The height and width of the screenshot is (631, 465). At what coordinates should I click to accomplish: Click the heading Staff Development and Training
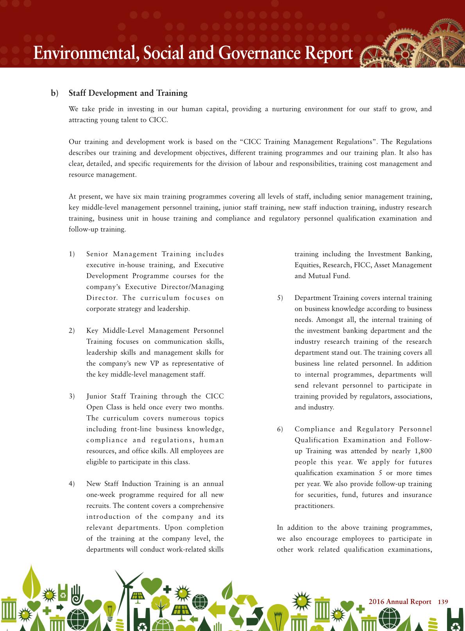(x=128, y=93)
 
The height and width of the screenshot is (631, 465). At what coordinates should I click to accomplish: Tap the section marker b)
(x=54, y=93)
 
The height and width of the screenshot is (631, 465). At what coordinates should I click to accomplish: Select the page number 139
(x=443, y=602)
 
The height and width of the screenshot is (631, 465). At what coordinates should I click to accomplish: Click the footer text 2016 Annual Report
(x=400, y=602)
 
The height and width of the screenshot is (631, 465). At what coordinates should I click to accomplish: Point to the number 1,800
(x=423, y=451)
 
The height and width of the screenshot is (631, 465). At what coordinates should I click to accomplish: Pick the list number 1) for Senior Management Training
(x=72, y=254)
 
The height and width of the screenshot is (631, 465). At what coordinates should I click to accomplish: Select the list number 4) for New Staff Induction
(x=72, y=484)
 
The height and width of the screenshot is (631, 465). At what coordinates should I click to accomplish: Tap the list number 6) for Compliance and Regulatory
(x=280, y=429)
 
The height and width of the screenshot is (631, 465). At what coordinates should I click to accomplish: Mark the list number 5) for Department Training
(x=280, y=298)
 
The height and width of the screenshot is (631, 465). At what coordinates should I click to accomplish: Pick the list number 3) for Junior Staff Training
(x=72, y=396)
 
